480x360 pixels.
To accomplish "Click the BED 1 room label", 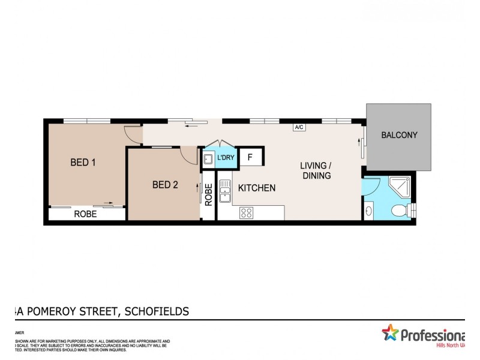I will coord(83,162).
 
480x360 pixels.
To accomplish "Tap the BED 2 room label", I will coord(165,185).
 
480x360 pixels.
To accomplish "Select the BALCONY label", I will coord(399,135).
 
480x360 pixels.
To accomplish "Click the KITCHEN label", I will coord(257,188).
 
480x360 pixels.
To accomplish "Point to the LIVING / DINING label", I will coord(317,170).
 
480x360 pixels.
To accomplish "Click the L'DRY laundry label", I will coord(226,158).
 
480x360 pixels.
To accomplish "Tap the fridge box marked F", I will coord(250,158).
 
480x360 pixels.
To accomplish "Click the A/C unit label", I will coord(298,127).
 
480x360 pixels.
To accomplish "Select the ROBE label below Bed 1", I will coord(86,214).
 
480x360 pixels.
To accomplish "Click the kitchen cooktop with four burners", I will coord(247,212).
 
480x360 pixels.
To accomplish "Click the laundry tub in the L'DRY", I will coord(208,158).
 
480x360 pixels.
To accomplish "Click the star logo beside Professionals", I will coord(390,334).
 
